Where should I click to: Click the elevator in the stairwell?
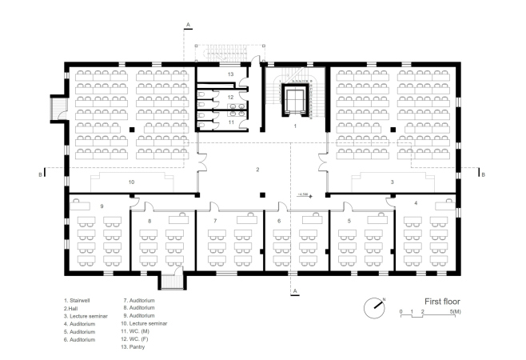coord(295,101)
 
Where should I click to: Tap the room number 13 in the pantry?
coord(230,74)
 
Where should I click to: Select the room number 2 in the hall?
coord(257,170)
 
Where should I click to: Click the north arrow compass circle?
coord(374,308)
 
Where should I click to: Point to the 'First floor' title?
coord(442,302)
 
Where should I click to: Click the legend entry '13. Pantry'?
coord(133,347)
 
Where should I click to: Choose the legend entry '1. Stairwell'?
coord(77,301)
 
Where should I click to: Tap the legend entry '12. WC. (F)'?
coord(134,339)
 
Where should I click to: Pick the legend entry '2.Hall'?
coord(71,308)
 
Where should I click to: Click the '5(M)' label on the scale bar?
coord(455,312)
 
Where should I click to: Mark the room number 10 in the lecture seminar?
coord(131,182)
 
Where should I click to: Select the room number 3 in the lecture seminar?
coord(393,182)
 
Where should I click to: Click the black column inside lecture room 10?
coord(132,130)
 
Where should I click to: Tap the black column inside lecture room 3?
coord(393,130)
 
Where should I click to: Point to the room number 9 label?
coord(102,206)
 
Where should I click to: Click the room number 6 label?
coord(279,221)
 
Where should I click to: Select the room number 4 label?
coord(416,203)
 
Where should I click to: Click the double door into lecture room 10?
coord(202,162)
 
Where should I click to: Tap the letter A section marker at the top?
coord(188,25)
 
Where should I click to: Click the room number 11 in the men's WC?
coord(231,122)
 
